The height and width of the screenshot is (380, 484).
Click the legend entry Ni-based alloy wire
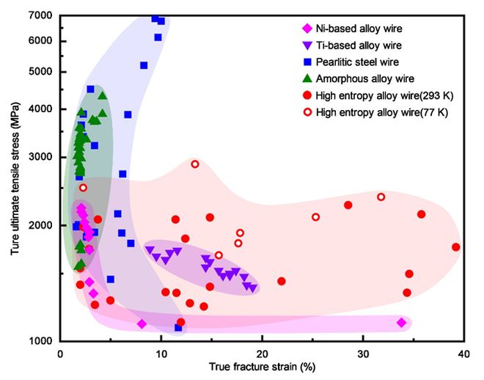tap(352, 29)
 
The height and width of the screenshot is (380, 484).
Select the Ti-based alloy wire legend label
tap(351, 45)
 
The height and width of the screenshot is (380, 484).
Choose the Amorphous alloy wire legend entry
tap(355, 78)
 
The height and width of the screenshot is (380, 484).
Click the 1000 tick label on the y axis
tap(42, 341)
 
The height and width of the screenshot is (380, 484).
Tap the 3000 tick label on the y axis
tap(42, 157)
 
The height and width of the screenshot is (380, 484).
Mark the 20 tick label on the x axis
tap(262, 354)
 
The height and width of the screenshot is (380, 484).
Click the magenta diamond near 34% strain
tap(401, 323)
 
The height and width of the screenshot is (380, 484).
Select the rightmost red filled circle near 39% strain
tap(456, 247)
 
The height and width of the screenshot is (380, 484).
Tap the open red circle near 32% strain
tap(381, 197)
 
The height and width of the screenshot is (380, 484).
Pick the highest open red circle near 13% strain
tap(195, 164)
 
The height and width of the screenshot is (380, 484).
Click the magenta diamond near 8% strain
tap(142, 324)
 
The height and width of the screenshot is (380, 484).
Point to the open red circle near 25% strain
tap(315, 217)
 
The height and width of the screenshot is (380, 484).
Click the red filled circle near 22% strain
tap(281, 281)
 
